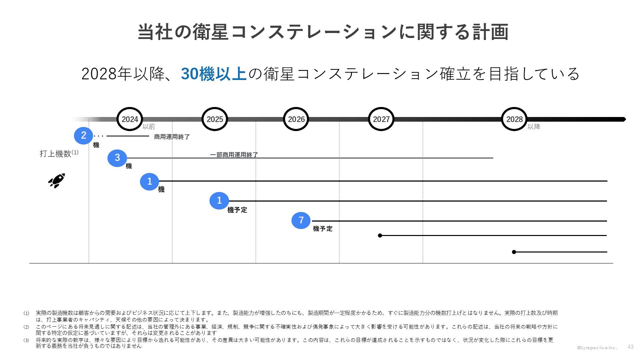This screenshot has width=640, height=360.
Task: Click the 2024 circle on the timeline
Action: click(x=130, y=119)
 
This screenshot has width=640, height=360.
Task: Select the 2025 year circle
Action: click(x=215, y=119)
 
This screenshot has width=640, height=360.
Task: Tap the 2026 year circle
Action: click(x=296, y=119)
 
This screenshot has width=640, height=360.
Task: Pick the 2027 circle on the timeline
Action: click(x=381, y=119)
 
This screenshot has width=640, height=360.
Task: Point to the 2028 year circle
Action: click(x=514, y=119)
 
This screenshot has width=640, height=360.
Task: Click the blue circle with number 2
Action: click(x=83, y=135)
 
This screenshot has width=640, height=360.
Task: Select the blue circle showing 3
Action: click(x=117, y=158)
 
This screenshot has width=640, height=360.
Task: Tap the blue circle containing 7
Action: click(x=301, y=220)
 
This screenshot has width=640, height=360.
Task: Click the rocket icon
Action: click(x=57, y=181)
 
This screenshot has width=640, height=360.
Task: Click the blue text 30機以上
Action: click(x=214, y=74)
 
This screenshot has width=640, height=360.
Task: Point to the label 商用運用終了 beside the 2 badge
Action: click(x=172, y=137)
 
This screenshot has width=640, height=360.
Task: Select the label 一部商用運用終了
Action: click(x=234, y=155)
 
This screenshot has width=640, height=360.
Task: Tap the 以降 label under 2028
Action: click(x=534, y=127)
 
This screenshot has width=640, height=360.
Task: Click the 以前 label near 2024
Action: click(x=149, y=127)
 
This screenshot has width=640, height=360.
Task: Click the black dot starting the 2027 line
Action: click(x=380, y=235)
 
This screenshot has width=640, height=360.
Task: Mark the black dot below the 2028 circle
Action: click(x=514, y=252)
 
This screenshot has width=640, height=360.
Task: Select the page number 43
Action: click(x=630, y=347)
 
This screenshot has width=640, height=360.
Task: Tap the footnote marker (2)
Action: click(x=26, y=327)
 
